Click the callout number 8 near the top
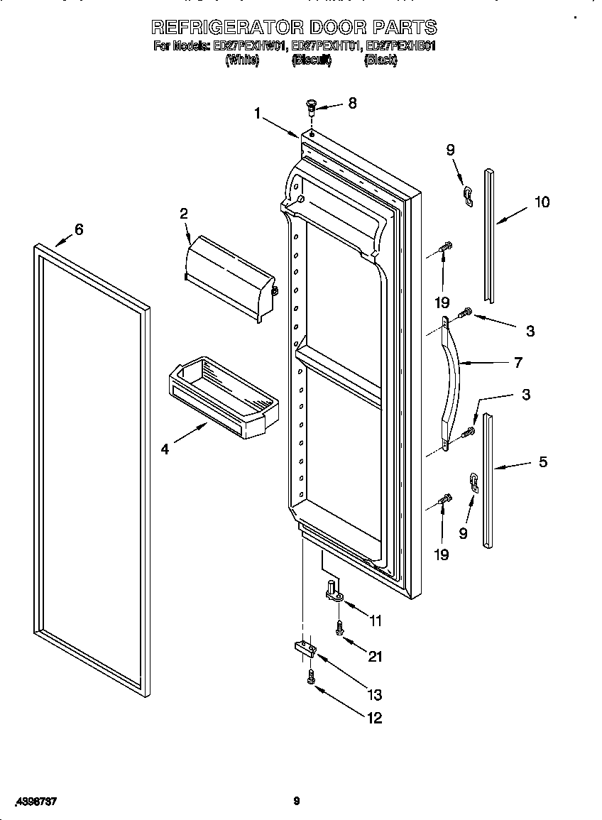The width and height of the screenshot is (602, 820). pos(352,103)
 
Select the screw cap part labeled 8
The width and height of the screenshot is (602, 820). pos(311,107)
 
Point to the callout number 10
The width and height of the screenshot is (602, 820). pos(542,202)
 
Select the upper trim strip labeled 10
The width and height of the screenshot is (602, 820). pos(489,234)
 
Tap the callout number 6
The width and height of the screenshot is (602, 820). pos(79,229)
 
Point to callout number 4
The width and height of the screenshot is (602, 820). pos(165,449)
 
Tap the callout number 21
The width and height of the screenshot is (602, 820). pos(376,657)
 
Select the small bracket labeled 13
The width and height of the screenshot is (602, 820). pos(304,647)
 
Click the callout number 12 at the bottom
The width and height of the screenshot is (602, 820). pos(374,718)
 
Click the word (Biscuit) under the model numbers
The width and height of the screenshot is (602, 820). pos(312,61)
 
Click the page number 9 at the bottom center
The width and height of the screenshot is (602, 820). pos(297,802)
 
